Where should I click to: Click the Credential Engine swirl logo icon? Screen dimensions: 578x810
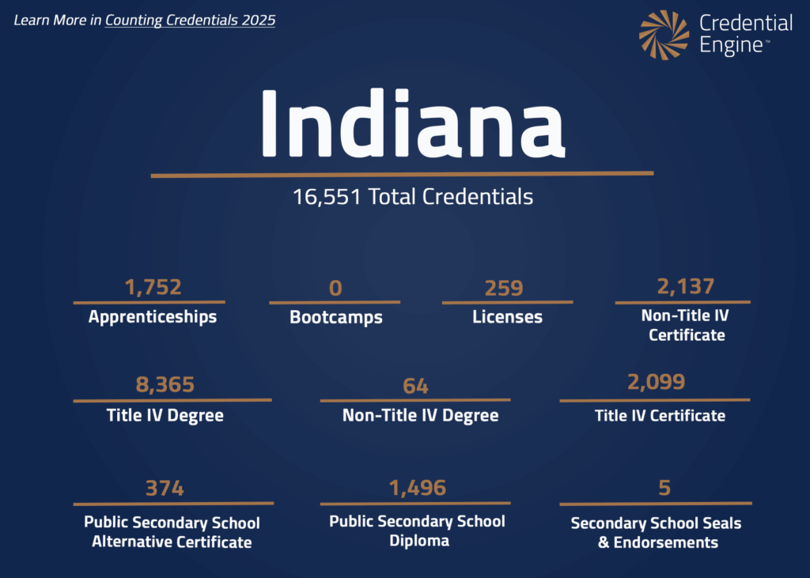(664, 35)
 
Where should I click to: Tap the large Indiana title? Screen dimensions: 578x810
(412, 124)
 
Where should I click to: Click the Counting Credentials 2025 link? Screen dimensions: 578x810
(190, 20)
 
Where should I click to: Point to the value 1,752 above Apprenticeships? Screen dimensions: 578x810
(153, 286)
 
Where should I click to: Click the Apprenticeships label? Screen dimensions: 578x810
(153, 317)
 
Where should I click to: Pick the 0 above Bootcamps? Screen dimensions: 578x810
(335, 288)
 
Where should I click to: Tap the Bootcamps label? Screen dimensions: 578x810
(336, 318)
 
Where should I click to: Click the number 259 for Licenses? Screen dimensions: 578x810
(504, 288)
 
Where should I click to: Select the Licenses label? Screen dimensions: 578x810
(507, 317)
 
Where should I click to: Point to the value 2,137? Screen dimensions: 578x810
(686, 285)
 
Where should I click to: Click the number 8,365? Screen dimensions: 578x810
(165, 385)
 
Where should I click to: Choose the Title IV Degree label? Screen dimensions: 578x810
(165, 415)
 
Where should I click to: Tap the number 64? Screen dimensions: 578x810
(415, 386)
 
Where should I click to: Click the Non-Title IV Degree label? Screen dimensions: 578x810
(420, 415)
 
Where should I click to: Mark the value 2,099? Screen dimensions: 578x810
(656, 383)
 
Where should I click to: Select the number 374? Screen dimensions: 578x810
(165, 488)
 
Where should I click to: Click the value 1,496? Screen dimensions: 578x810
(417, 488)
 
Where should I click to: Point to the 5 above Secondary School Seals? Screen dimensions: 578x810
(664, 488)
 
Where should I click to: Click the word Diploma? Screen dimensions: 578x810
(418, 541)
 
